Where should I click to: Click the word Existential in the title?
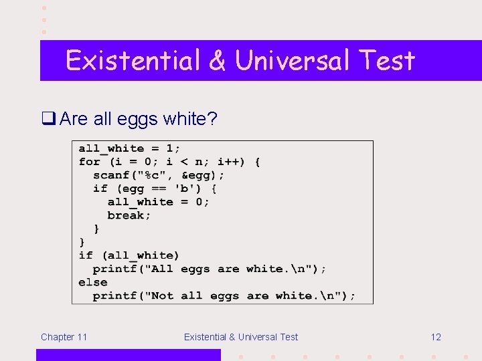coord(133,61)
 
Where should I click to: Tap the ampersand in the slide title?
coord(217,61)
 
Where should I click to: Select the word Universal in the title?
coord(293,61)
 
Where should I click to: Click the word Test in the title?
coord(386,61)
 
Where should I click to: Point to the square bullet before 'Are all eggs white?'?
coord(48,119)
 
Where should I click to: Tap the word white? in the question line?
coord(189,119)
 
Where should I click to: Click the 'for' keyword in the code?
coord(89,162)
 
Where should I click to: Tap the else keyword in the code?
coord(92,282)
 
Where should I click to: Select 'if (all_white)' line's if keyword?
coord(86,255)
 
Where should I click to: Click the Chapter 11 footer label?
coord(64,337)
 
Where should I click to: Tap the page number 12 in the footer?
coord(436,337)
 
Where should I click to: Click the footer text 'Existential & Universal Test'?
coord(241,337)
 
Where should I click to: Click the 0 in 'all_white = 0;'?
coord(199,202)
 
